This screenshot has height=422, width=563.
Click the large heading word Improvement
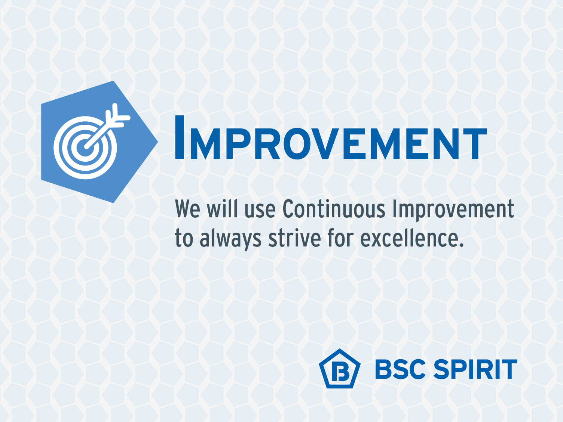331,137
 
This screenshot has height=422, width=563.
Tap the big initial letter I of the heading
180,137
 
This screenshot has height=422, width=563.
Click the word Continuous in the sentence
334,209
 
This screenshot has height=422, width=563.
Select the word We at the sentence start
187,209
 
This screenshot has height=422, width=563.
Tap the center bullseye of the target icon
85,148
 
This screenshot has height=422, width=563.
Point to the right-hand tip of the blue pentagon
157,141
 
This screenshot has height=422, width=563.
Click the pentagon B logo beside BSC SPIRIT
340,369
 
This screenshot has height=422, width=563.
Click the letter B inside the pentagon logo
340,371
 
